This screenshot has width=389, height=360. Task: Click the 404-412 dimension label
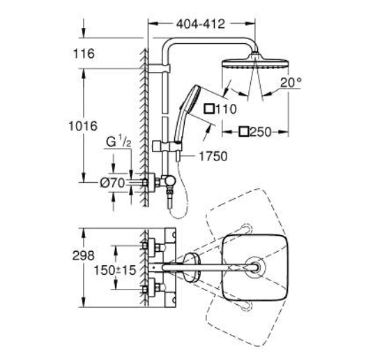[201, 24]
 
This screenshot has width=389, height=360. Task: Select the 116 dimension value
[84, 54]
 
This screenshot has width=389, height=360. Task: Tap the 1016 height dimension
[83, 126]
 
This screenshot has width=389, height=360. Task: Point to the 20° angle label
[291, 82]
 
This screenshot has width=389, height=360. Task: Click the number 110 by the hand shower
[227, 110]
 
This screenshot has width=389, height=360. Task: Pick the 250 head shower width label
[261, 132]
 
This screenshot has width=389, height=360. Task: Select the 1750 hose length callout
[213, 156]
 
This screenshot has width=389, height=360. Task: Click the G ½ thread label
[119, 142]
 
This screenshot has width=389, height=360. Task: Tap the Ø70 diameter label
[112, 183]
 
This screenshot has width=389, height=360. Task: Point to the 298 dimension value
[84, 255]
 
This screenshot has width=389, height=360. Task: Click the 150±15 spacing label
[115, 270]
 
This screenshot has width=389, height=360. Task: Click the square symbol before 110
[209, 109]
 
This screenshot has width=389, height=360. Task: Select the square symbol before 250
[244, 132]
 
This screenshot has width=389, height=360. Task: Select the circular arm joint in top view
[255, 267]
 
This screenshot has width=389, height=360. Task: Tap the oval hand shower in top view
[191, 267]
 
